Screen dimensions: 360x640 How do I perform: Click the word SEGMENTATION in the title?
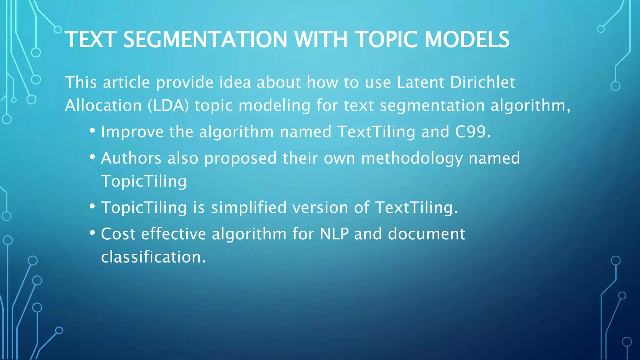pyautogui.click(x=205, y=40)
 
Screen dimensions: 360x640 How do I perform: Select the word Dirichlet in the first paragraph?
pyautogui.click(x=482, y=82)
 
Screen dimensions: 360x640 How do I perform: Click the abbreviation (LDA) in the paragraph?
pyautogui.click(x=168, y=106)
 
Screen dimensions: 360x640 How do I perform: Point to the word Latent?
pyautogui.click(x=421, y=82)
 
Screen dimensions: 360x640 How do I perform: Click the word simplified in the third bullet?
pyautogui.click(x=249, y=207)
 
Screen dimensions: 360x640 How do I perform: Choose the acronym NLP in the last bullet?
pyautogui.click(x=334, y=234)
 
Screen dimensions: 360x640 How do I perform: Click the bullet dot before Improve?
pyautogui.click(x=92, y=130)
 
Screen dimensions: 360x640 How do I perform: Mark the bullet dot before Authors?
pyautogui.click(x=92, y=156)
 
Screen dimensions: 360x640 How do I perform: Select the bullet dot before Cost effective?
pyautogui.click(x=92, y=232)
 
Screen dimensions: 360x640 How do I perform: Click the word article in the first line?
pyautogui.click(x=127, y=82)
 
